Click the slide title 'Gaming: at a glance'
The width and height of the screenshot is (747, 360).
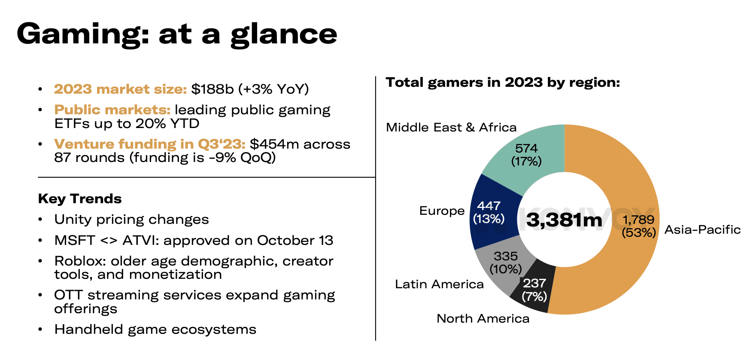tap(177, 34)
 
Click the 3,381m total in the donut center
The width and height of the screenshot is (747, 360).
tap(564, 220)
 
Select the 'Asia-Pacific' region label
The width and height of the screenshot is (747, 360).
tap(702, 229)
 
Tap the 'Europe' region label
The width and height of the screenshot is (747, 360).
tap(442, 211)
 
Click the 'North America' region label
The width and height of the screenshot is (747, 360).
tap(483, 318)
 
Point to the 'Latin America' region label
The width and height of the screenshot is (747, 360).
tap(439, 284)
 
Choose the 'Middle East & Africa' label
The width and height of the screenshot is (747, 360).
tap(451, 127)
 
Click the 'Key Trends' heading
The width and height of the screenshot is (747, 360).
tap(80, 198)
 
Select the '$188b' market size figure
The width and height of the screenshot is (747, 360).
tap(212, 89)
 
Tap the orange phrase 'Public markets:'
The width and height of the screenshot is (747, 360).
tap(112, 110)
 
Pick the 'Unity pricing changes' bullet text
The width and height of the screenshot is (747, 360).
tap(131, 220)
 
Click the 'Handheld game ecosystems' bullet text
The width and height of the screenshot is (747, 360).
tap(155, 329)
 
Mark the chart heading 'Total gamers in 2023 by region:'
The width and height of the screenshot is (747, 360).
tap(503, 82)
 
